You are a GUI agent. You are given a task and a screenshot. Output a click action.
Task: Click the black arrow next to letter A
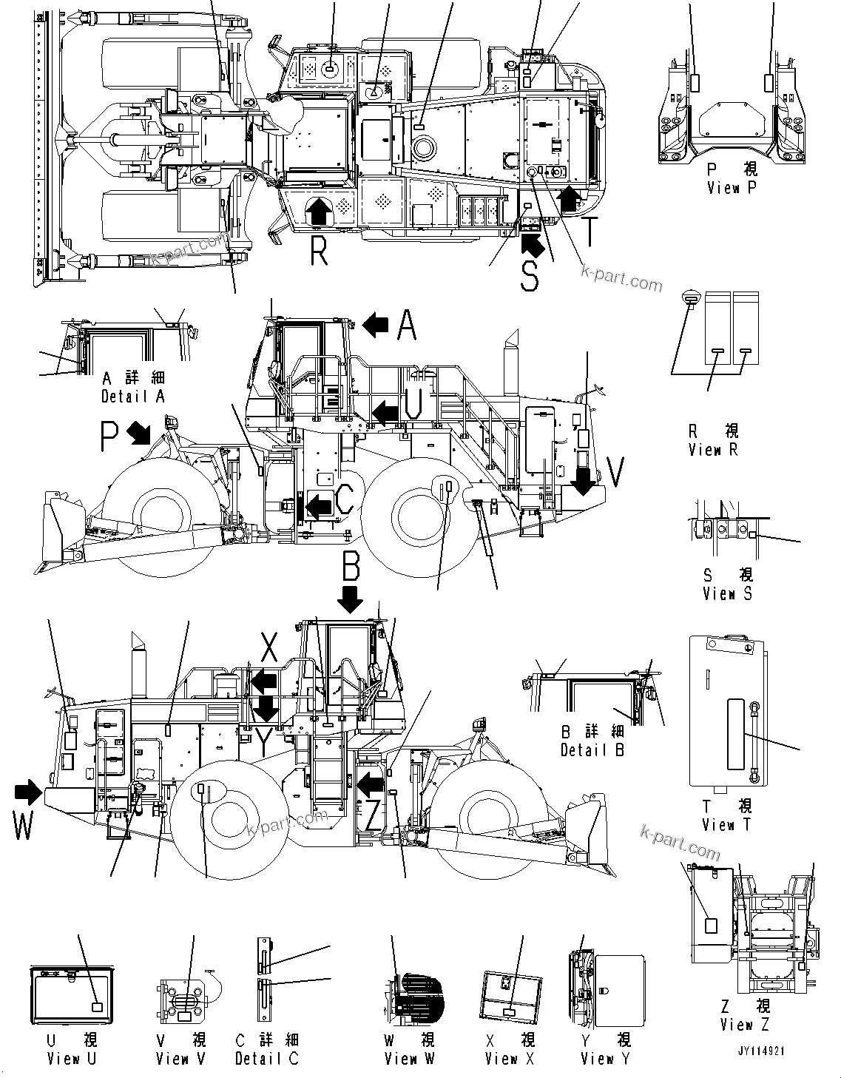376,324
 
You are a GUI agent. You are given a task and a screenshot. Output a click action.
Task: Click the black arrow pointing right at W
28,793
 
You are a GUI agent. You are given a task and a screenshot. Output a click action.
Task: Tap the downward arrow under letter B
351,599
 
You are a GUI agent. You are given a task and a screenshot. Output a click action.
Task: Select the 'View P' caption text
732,187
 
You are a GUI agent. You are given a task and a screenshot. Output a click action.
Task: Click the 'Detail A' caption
132,396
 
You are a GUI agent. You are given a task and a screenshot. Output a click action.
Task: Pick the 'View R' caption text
713,449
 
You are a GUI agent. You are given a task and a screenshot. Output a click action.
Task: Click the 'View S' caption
727,593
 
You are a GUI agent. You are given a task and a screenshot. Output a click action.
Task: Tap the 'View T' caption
726,824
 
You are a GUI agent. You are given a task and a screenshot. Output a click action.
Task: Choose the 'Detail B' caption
592,749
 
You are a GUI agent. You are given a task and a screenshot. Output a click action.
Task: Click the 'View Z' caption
745,1025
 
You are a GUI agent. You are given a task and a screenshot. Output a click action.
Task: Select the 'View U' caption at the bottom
72,1058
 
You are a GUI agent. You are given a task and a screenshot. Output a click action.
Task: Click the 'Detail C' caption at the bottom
266,1058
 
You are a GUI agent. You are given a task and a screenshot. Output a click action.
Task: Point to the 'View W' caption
409,1058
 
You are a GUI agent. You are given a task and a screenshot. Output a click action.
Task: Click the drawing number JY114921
760,1051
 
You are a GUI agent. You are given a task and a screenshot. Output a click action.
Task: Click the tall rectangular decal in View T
735,734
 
